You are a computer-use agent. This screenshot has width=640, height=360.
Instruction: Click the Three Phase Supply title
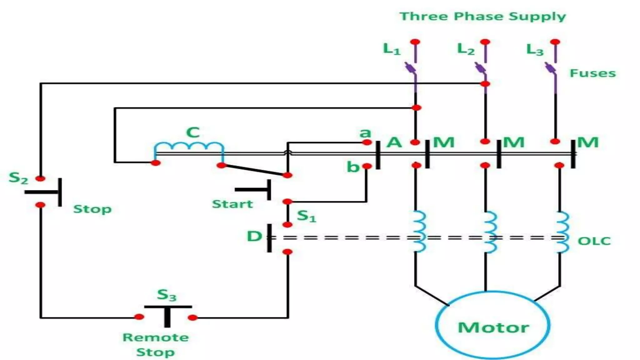pos(482,16)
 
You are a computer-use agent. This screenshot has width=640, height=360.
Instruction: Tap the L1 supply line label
pos(391,49)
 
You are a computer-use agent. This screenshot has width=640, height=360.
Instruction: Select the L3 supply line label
pos(535,50)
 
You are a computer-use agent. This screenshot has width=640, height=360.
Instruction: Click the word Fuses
pos(592,73)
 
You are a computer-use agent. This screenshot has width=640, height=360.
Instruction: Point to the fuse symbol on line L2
pos(481,68)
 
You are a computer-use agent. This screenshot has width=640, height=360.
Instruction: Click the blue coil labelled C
pos(189,146)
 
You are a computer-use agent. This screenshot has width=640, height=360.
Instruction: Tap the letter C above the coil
pos(193,132)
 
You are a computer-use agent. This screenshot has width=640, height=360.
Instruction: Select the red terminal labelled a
pos(367,142)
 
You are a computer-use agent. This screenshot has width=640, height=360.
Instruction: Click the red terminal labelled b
pos(367,166)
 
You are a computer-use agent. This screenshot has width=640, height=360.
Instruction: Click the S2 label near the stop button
pos(18,178)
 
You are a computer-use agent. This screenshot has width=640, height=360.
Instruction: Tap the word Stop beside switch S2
pos(92,209)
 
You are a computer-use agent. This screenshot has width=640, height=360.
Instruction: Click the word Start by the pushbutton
pos(232,204)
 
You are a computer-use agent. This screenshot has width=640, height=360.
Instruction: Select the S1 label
pos(306,216)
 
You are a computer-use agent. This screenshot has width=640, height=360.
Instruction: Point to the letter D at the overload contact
pos(254,236)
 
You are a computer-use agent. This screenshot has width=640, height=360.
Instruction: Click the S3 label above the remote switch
pos(166,295)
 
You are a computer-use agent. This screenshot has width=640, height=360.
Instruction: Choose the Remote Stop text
pos(156,344)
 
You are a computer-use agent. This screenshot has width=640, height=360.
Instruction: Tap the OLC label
pos(594,241)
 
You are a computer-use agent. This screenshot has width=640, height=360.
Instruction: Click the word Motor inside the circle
pos(493,327)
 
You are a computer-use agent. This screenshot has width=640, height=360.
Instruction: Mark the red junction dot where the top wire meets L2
pos(485,84)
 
